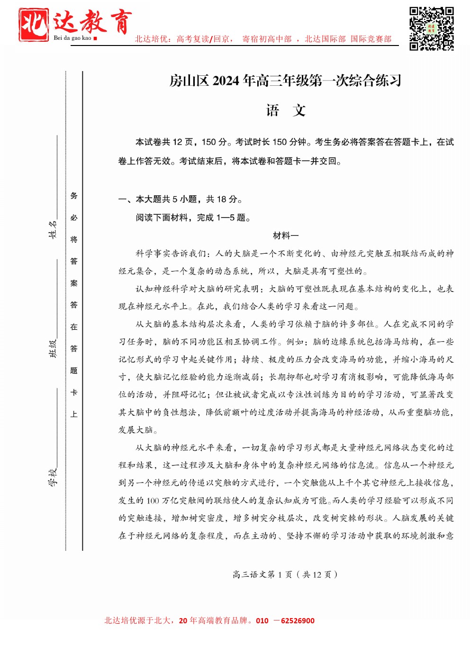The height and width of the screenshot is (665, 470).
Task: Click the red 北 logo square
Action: click(x=33, y=25)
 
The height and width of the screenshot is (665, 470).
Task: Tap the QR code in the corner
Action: click(x=431, y=28)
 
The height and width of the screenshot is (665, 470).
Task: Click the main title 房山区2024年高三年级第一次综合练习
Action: click(x=285, y=81)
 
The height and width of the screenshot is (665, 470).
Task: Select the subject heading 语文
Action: click(x=286, y=110)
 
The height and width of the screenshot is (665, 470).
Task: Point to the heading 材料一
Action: click(x=286, y=236)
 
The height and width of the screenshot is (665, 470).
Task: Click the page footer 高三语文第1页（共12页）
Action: click(x=285, y=574)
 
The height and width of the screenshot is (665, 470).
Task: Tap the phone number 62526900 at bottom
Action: click(x=298, y=620)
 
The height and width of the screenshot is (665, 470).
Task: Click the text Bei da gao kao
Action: click(x=72, y=38)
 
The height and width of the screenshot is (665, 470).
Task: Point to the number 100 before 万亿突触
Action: click(x=153, y=501)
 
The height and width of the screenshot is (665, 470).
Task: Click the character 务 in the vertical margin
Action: click(x=74, y=196)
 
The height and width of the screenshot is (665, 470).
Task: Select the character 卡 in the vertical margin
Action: click(x=74, y=392)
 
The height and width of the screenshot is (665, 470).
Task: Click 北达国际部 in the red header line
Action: click(x=325, y=39)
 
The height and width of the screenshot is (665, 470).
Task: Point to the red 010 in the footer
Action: click(x=262, y=620)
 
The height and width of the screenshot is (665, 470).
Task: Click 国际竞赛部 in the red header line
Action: click(x=371, y=39)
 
